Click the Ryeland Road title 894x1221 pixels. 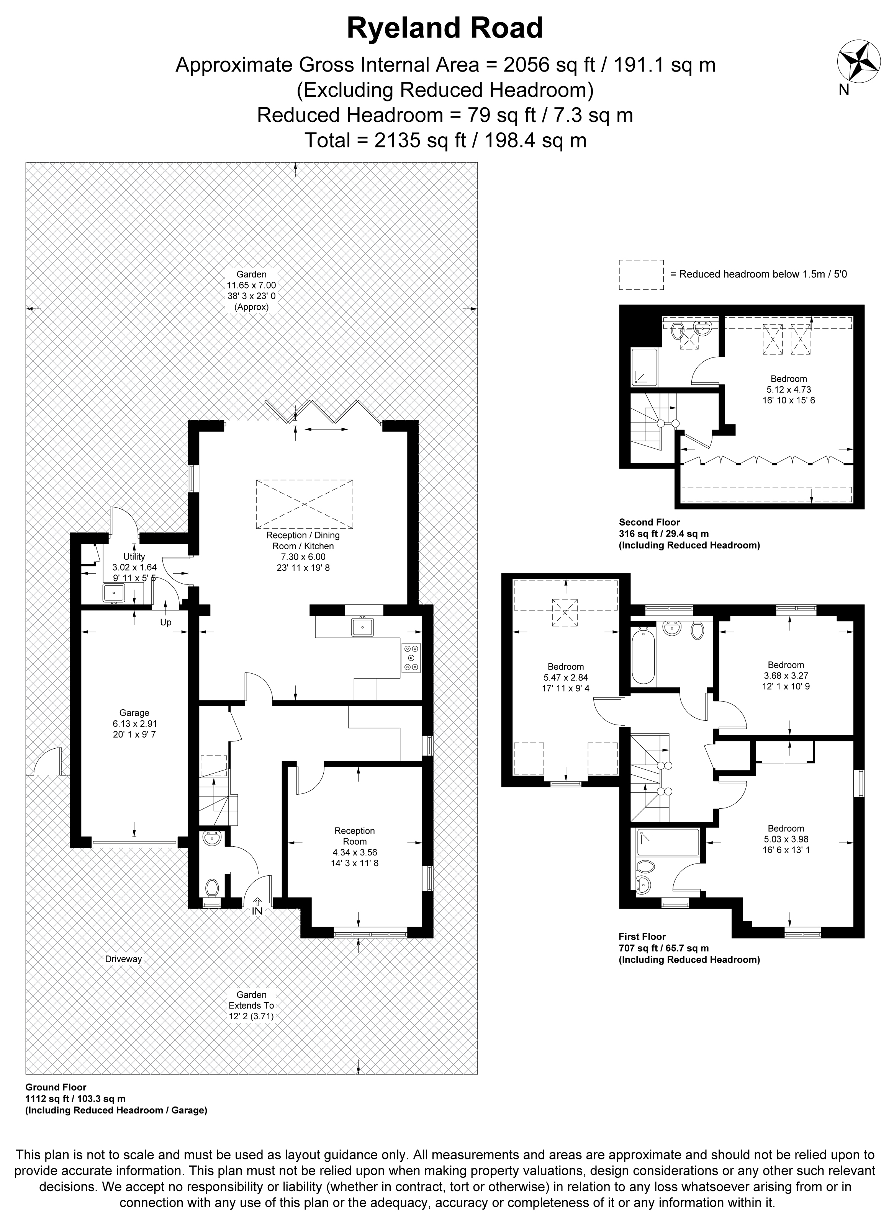click(x=444, y=28)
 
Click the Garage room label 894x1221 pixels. click(x=134, y=713)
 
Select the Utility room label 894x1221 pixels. click(x=134, y=557)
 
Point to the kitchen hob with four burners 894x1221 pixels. click(x=411, y=658)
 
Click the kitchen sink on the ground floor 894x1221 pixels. click(x=362, y=627)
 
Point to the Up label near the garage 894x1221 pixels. click(x=165, y=622)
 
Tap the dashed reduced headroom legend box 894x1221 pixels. click(x=641, y=275)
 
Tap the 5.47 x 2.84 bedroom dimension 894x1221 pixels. click(x=565, y=677)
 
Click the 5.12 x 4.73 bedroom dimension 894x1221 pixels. click(x=788, y=389)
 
